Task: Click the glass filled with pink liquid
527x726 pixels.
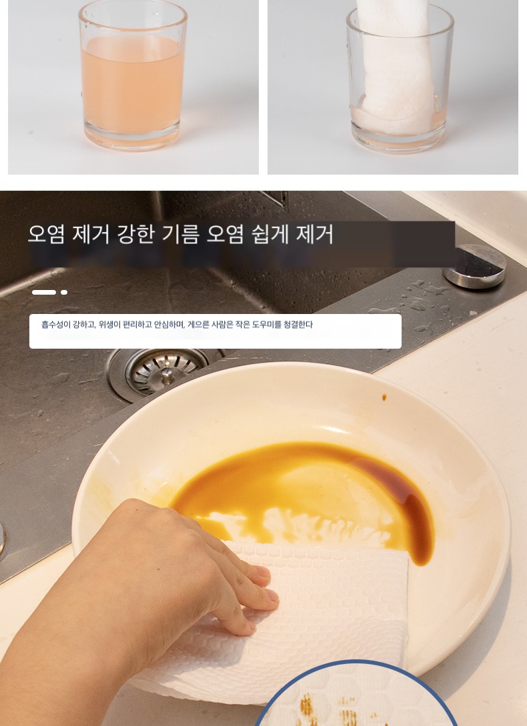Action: (133, 77)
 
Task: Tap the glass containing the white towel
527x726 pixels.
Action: (400, 79)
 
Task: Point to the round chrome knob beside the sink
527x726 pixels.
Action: (474, 266)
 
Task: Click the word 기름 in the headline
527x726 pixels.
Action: (180, 234)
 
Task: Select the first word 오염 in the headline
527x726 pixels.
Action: (46, 234)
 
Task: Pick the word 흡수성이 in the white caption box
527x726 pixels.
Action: (55, 325)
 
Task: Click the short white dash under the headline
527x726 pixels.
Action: (44, 292)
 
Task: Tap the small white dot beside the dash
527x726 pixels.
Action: (64, 292)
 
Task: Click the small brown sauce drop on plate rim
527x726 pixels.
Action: (384, 397)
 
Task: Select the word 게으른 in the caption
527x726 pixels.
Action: (198, 325)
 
